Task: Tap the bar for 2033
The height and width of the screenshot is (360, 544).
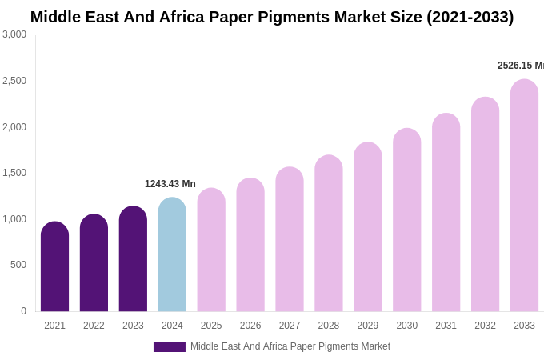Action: click(524, 195)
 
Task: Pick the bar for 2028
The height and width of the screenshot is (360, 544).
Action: click(329, 233)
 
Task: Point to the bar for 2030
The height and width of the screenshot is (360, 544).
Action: click(406, 220)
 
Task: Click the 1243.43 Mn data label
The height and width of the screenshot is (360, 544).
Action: click(170, 184)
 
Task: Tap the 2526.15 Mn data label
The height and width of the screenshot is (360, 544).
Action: click(520, 66)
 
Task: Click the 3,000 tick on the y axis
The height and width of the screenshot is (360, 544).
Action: click(14, 34)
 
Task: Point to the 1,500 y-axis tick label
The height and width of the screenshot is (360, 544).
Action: click(14, 173)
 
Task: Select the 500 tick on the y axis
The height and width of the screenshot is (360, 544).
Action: click(18, 265)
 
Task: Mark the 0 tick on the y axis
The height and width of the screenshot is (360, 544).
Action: click(23, 311)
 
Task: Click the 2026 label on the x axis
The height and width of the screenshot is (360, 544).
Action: click(250, 326)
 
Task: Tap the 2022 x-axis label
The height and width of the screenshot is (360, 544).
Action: click(94, 326)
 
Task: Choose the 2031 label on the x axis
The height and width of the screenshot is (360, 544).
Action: click(446, 326)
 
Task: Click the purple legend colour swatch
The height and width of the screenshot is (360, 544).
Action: click(169, 347)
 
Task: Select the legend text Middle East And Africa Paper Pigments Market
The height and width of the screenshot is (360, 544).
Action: click(290, 346)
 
